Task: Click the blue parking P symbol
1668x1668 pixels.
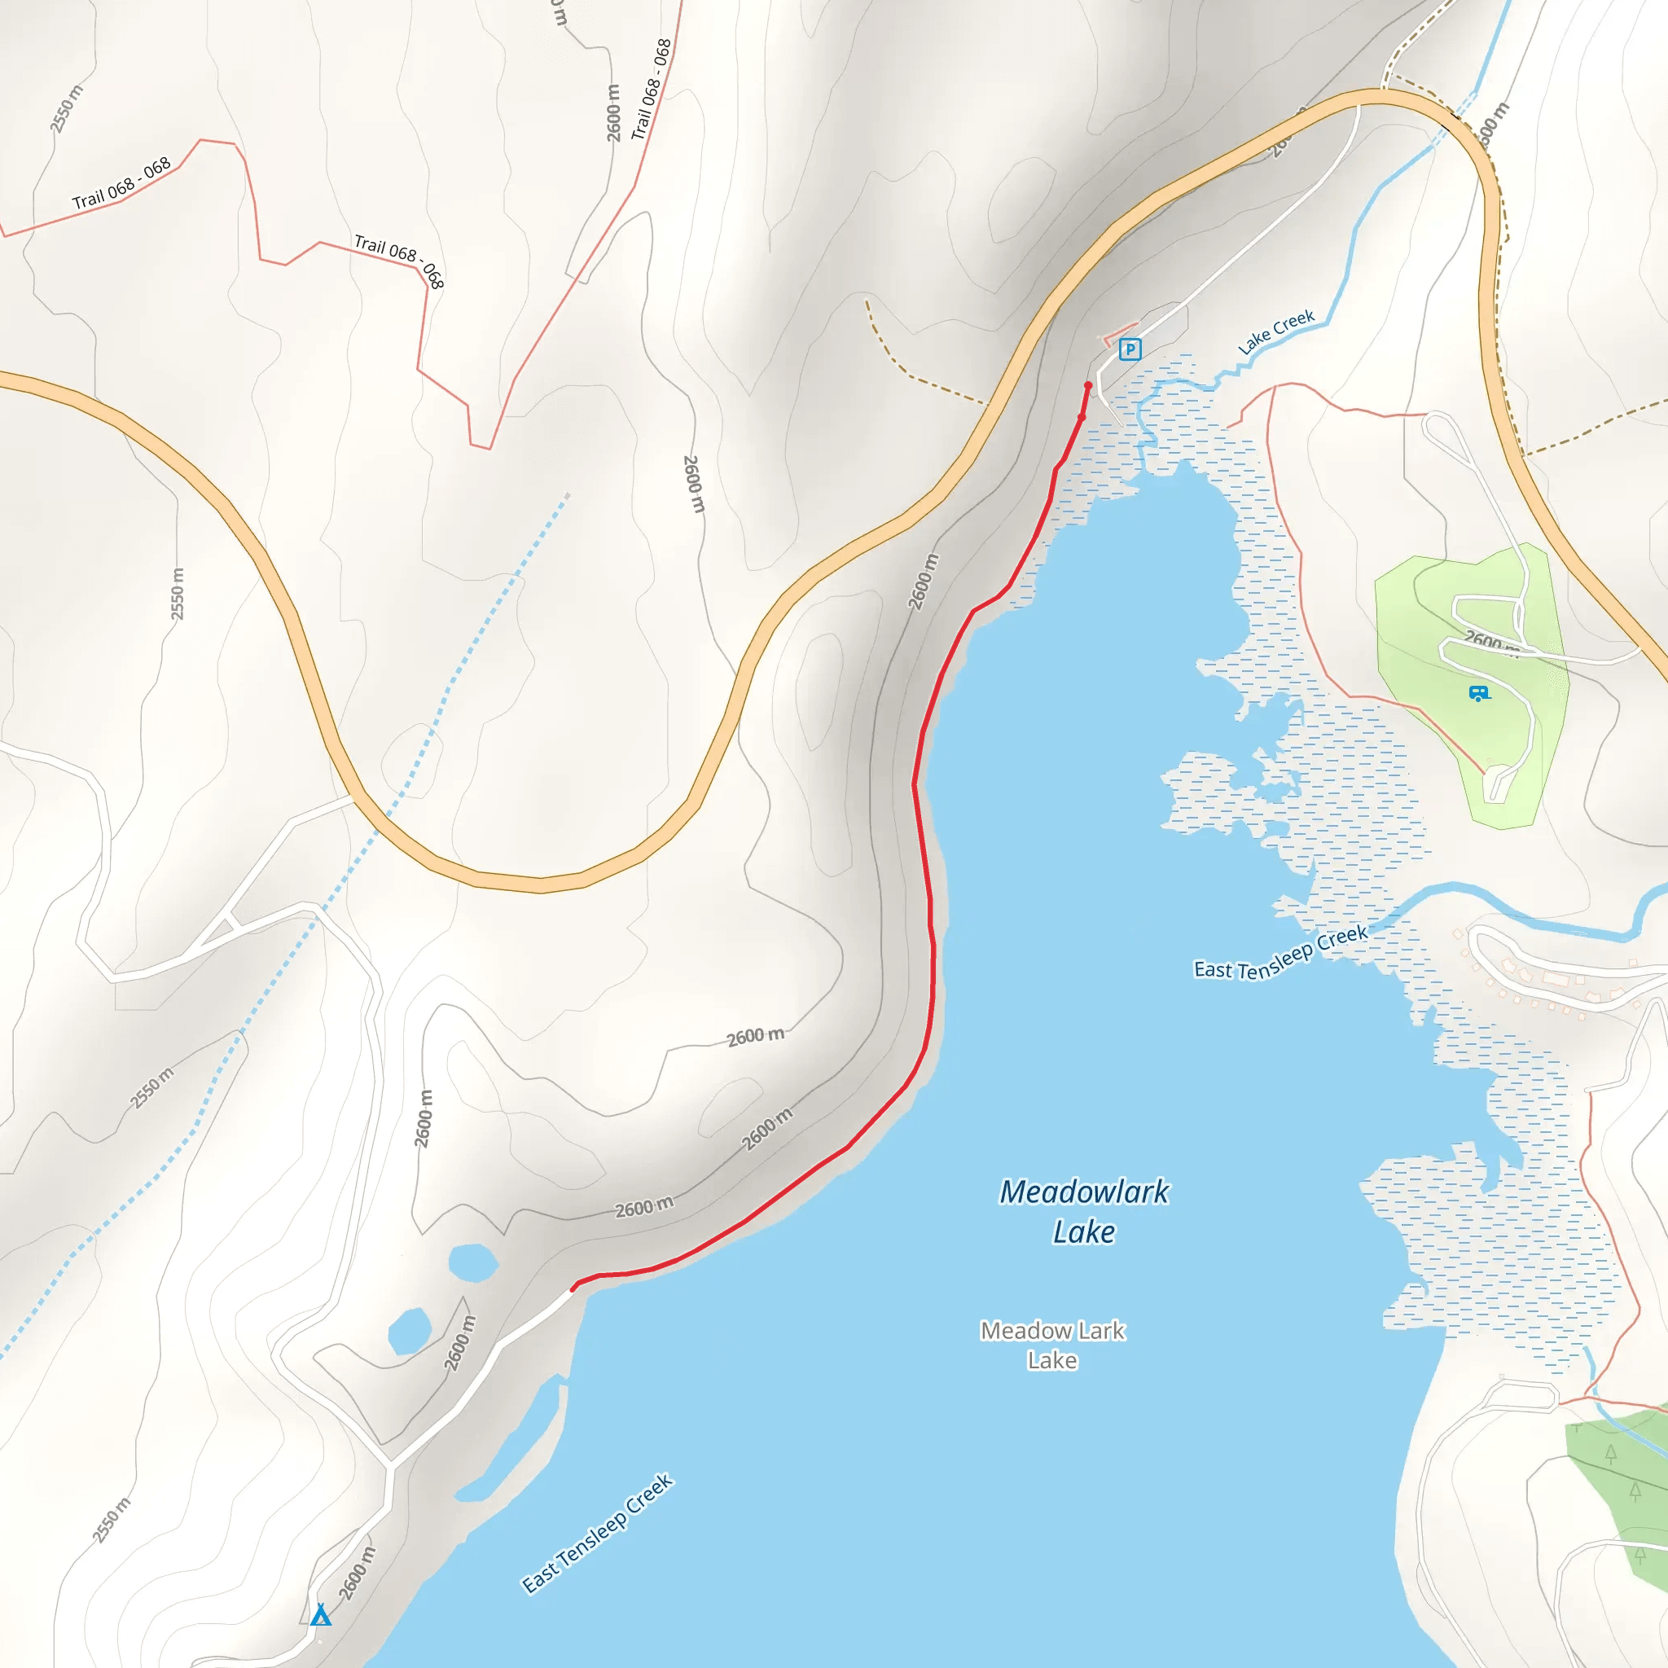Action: (1130, 349)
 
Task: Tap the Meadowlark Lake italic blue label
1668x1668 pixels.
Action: (1083, 1210)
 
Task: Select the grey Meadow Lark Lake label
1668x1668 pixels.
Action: (1052, 1344)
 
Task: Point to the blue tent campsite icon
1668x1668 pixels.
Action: (320, 1614)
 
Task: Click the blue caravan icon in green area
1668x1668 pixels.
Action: (1478, 692)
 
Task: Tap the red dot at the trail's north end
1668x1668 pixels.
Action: (1088, 385)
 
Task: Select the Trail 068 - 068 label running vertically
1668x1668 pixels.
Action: (651, 89)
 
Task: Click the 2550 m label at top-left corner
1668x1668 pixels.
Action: (67, 109)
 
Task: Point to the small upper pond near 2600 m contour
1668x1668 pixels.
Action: (473, 1262)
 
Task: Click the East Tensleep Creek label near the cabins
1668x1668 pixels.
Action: (1280, 953)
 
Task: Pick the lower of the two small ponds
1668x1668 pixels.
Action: (409, 1331)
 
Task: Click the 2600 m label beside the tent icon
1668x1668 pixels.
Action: (357, 1573)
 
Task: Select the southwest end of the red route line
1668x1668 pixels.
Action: (573, 1288)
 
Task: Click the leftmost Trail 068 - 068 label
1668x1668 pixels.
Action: (121, 183)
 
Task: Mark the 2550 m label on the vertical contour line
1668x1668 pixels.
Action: (177, 594)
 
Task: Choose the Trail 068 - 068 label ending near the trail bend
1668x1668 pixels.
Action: (399, 261)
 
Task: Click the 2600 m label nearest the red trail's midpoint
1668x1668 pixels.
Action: (923, 580)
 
